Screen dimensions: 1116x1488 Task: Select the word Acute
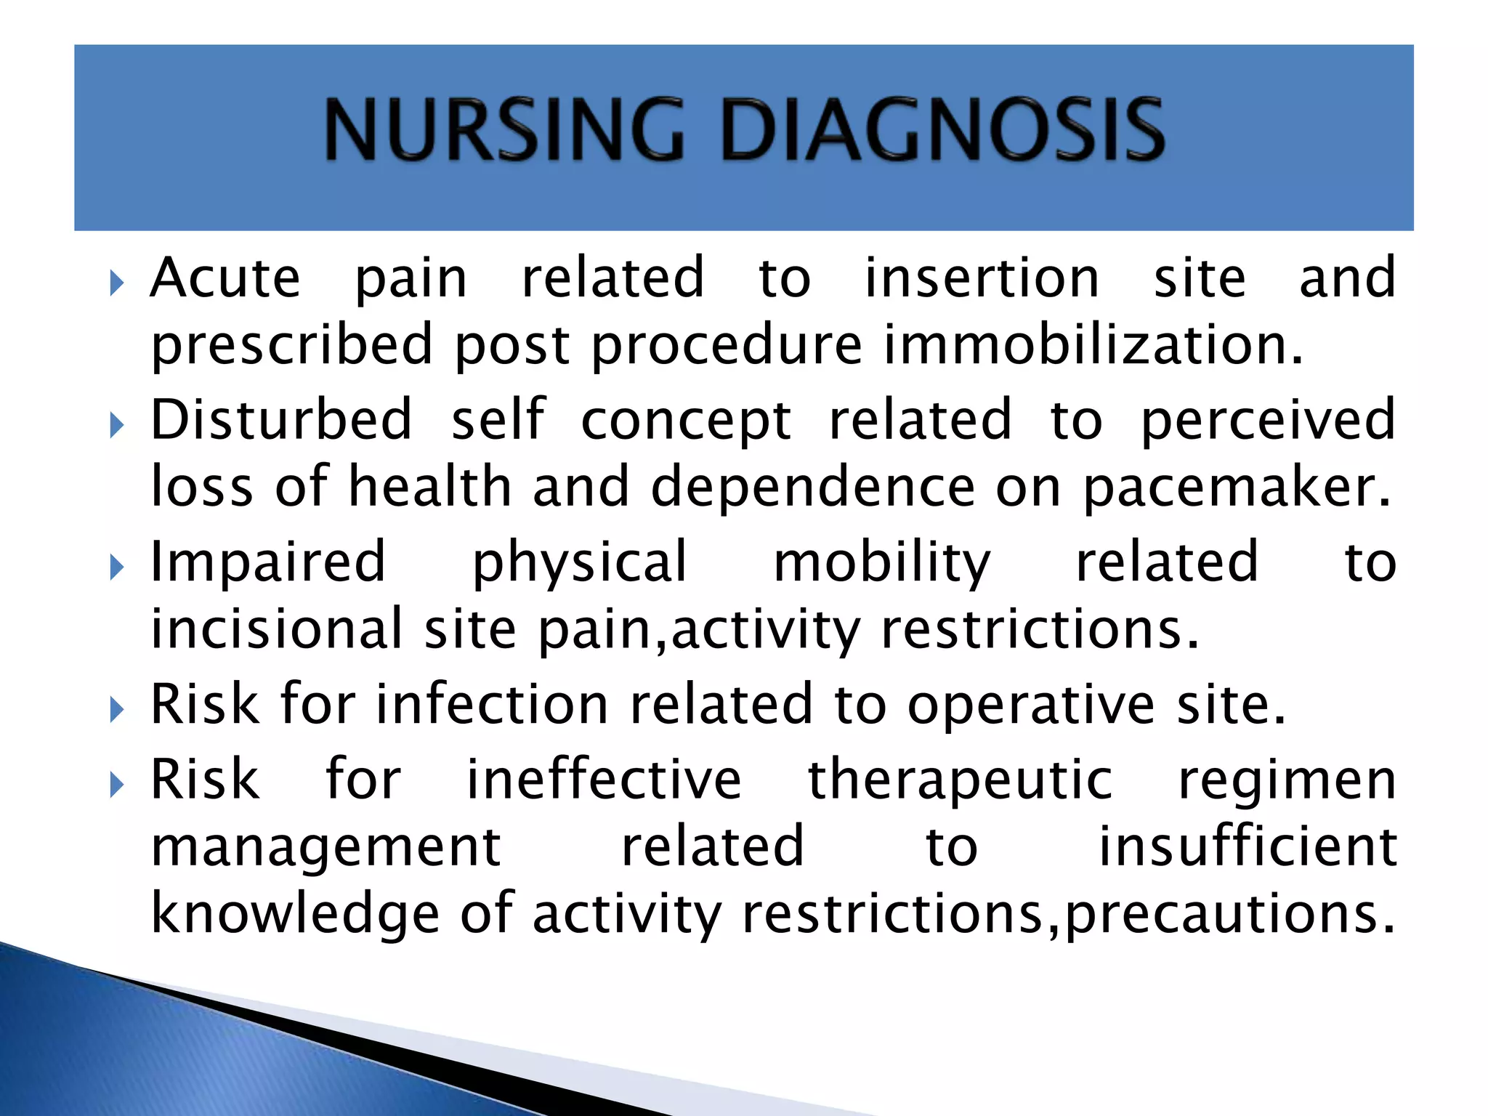point(225,278)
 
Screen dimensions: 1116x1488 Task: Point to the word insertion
point(982,278)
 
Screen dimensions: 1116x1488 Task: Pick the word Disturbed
point(281,420)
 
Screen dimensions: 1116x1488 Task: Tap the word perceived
point(1268,421)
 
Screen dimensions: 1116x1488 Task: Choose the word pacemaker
point(1237,487)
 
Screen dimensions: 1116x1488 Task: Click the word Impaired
point(267,562)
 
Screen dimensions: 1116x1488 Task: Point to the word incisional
point(276,629)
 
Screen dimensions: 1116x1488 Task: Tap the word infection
point(492,705)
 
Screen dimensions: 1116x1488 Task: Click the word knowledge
point(295,915)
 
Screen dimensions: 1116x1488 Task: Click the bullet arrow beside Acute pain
point(117,283)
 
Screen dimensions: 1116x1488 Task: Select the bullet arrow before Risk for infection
point(117,710)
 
